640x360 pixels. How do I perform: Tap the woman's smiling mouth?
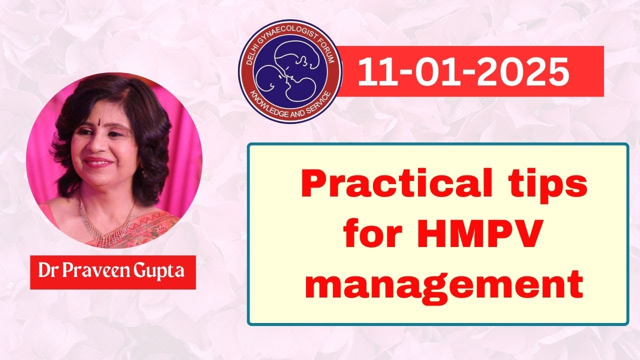coord(98,162)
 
